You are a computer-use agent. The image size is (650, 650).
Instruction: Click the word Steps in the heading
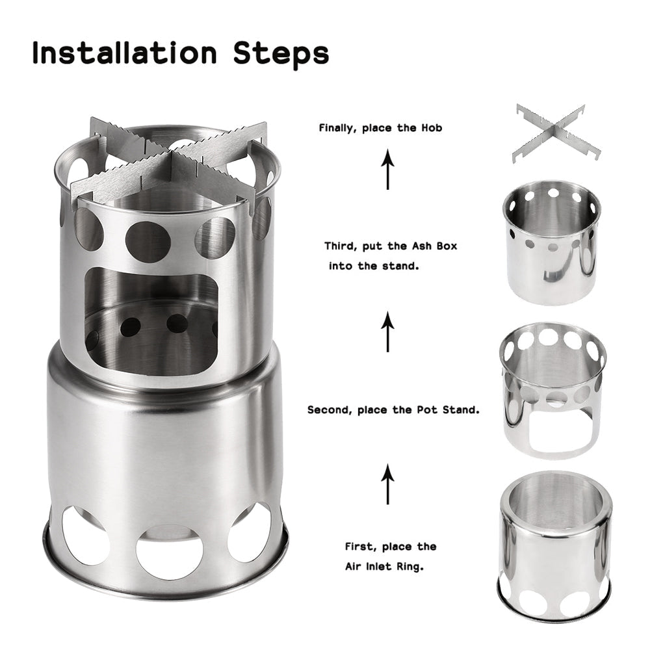pyautogui.click(x=281, y=55)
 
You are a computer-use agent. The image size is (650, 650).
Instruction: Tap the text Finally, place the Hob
pyautogui.click(x=380, y=128)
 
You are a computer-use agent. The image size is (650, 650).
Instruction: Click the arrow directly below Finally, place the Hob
pyautogui.click(x=388, y=169)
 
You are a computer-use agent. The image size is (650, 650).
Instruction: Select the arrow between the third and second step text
pyautogui.click(x=388, y=331)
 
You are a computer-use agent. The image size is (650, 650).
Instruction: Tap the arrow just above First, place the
pyautogui.click(x=388, y=484)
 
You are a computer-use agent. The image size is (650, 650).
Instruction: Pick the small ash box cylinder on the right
pyautogui.click(x=551, y=242)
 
